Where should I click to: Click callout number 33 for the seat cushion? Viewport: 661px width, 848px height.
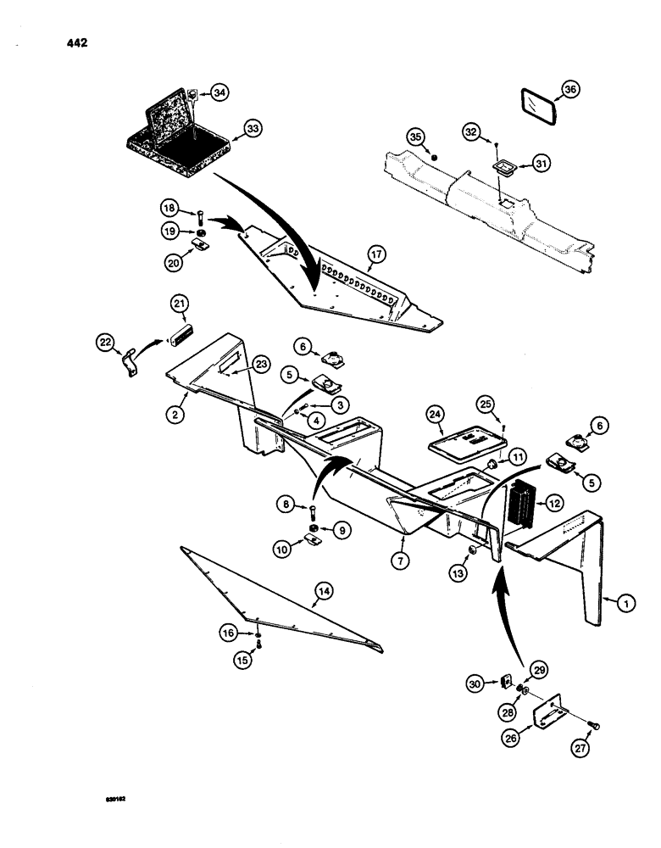(253, 130)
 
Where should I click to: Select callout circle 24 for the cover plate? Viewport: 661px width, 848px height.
(435, 415)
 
